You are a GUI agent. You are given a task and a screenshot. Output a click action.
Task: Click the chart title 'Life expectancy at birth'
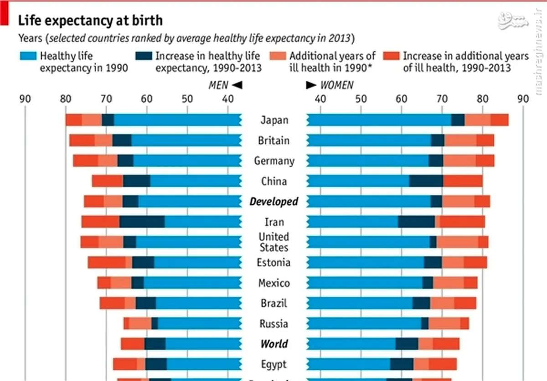click(x=90, y=21)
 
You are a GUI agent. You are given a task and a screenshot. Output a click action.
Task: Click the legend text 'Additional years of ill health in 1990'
click(x=332, y=62)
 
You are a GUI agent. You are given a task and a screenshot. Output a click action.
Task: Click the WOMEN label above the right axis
click(x=336, y=85)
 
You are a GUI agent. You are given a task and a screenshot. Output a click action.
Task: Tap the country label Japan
click(x=274, y=120)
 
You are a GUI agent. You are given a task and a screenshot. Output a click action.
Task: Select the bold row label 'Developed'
click(x=273, y=201)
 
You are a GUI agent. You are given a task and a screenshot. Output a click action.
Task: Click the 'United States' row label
click(x=273, y=242)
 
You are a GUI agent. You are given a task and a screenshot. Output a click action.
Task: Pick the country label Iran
click(x=274, y=222)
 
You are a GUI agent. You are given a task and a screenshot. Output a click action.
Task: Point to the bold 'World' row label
click(x=274, y=344)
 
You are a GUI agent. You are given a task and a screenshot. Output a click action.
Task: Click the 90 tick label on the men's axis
click(x=25, y=98)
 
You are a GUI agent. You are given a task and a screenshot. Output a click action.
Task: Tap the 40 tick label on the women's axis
click(x=320, y=98)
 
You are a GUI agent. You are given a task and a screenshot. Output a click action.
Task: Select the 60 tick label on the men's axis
click(x=146, y=98)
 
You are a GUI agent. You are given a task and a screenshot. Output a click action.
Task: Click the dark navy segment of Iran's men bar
click(x=142, y=222)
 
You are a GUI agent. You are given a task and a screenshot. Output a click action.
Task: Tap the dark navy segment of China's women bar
click(x=426, y=181)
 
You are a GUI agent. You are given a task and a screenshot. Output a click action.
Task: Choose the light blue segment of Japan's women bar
click(x=378, y=120)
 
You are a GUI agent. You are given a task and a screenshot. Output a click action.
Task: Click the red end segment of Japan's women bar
click(x=500, y=120)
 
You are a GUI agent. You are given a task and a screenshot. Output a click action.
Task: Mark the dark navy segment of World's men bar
click(x=155, y=344)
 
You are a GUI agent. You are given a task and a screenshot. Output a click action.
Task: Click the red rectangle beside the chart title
click(x=4, y=13)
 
